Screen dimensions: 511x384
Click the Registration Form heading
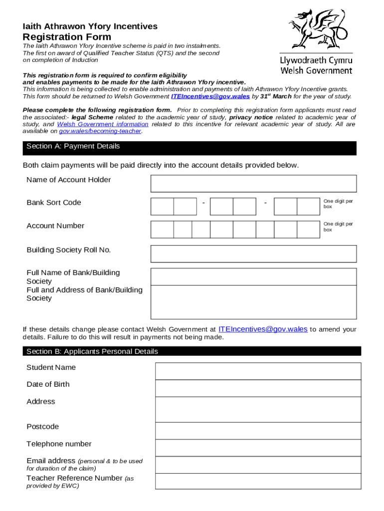[67, 37]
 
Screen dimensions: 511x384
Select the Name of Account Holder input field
[253, 183]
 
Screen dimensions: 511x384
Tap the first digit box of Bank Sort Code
[162, 207]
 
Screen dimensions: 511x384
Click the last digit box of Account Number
[308, 230]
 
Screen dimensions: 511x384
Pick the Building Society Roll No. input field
[253, 254]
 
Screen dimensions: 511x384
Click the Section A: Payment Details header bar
[190, 148]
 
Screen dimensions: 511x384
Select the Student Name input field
[258, 371]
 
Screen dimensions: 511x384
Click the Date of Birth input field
[258, 388]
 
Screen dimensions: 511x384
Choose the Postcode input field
[258, 431]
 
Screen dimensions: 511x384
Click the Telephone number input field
[258, 448]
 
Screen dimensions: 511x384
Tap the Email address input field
[258, 465]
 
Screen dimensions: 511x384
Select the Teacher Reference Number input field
[258, 481]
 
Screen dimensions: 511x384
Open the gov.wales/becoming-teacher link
[100, 131]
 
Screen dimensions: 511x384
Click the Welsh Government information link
[103, 124]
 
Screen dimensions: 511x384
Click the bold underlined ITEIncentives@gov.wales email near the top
[210, 96]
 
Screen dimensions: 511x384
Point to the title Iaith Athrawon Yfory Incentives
[90, 26]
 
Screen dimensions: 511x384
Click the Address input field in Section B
[258, 409]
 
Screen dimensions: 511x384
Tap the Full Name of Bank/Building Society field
[253, 276]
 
